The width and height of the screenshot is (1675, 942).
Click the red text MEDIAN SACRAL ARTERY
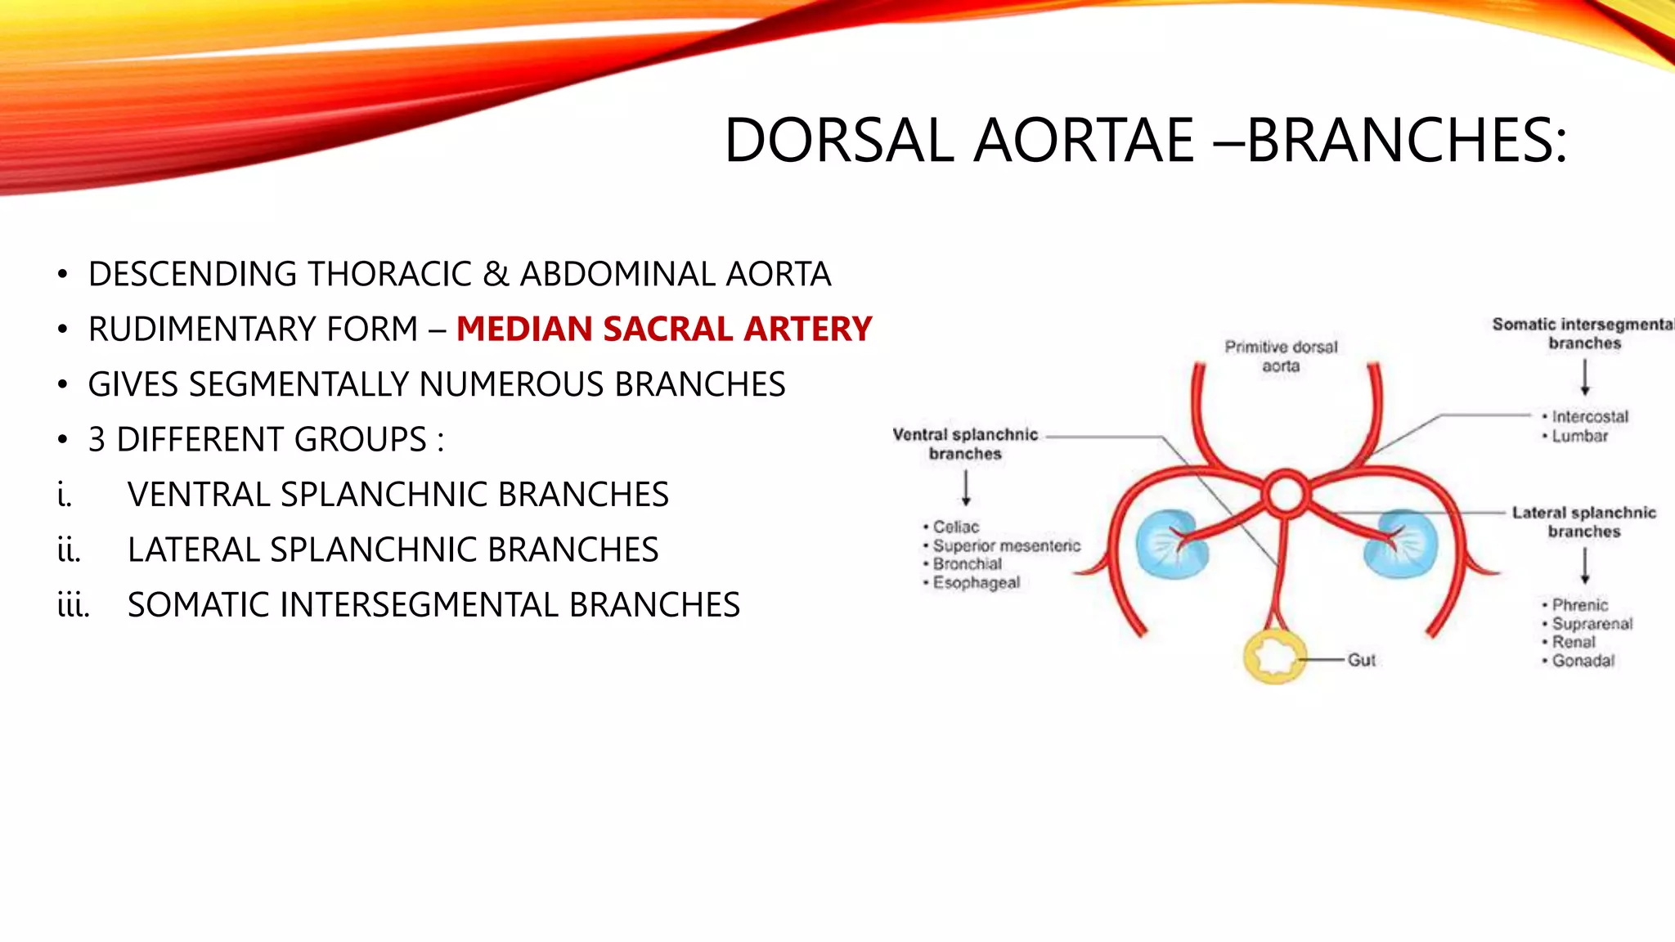tap(664, 329)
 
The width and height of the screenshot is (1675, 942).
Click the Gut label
tap(1362, 660)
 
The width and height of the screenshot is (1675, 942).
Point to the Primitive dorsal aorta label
tap(1281, 357)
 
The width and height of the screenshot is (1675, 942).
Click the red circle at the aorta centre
tap(1285, 494)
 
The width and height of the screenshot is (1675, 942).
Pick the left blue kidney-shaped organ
tap(1171, 544)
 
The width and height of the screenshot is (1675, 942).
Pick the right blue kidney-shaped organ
tap(1400, 544)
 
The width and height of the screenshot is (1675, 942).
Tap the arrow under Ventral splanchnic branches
tap(966, 487)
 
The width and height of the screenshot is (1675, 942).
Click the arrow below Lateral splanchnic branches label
tap(1584, 566)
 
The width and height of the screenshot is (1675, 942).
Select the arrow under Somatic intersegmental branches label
tap(1584, 377)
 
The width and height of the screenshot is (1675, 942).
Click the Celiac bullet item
tap(955, 527)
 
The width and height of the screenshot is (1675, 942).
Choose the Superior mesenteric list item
tap(1006, 545)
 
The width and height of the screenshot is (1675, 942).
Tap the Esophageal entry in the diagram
tap(976, 583)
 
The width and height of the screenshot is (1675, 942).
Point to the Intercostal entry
tap(1589, 417)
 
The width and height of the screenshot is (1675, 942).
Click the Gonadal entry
tap(1583, 661)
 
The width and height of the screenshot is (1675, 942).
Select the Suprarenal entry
tap(1592, 624)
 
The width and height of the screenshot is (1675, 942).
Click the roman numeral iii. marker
tap(73, 606)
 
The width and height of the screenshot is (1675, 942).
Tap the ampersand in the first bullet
tap(496, 275)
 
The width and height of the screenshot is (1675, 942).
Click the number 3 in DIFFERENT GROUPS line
tap(97, 440)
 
